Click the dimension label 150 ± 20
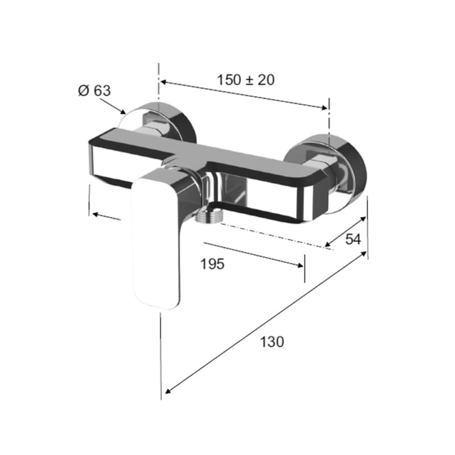[246, 80]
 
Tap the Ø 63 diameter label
[94, 91]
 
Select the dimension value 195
[212, 264]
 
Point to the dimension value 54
[353, 239]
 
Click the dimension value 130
[272, 342]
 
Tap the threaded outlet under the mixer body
[209, 217]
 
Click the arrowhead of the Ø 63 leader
[122, 111]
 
